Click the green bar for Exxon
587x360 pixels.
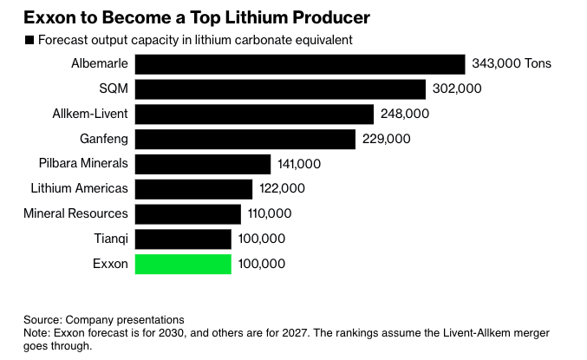[x=183, y=264]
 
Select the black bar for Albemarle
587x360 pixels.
[x=300, y=63]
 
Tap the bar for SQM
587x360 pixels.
[x=280, y=88]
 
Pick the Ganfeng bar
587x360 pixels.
[x=245, y=139]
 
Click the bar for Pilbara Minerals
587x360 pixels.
[x=203, y=163]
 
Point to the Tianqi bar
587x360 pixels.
[x=183, y=239]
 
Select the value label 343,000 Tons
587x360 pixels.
[x=512, y=63]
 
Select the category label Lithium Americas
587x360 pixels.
[x=79, y=188]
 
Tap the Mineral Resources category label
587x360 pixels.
[x=75, y=213]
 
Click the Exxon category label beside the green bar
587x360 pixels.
[x=110, y=264]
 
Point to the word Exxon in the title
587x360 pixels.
[x=49, y=16]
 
